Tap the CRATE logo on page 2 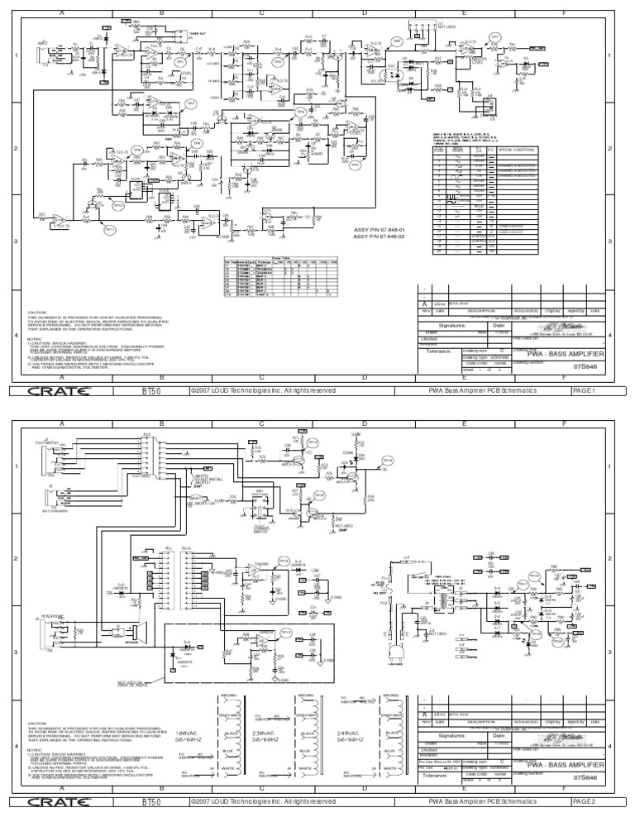click(59, 802)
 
